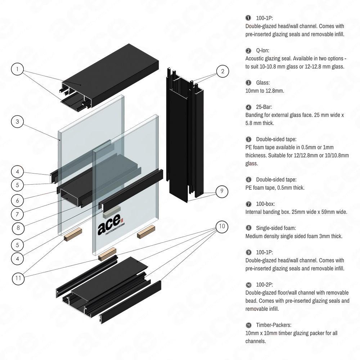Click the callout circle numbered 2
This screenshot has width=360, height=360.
(x=222, y=72)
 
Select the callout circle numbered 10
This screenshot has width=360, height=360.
(x=222, y=227)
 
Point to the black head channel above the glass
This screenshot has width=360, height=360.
(x=108, y=72)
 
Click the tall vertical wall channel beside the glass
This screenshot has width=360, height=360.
(x=184, y=137)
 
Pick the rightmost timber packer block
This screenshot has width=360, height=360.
(x=147, y=230)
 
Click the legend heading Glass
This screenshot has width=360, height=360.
(x=262, y=83)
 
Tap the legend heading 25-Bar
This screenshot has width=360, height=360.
(x=264, y=107)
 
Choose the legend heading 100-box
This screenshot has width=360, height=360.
(x=265, y=204)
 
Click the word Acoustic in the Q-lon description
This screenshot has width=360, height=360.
(x=255, y=58)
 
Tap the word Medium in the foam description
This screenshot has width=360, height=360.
(x=254, y=236)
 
